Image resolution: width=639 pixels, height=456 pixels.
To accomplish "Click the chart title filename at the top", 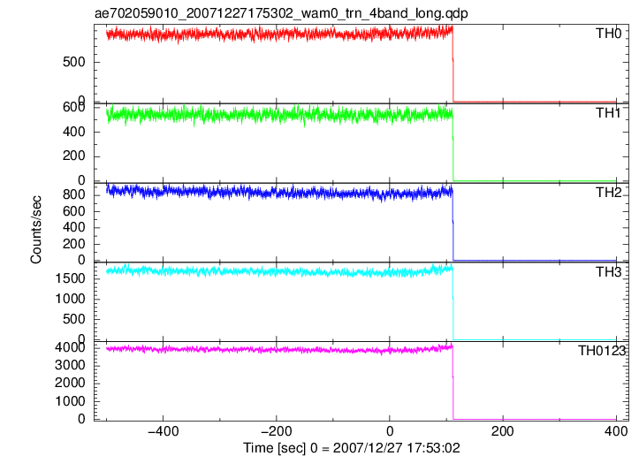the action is [x=281, y=14].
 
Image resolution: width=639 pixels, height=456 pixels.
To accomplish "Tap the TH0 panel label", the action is [x=609, y=34].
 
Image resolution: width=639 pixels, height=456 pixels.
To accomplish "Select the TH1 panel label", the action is [x=609, y=113].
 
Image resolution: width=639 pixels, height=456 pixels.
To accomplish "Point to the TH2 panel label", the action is [x=609, y=193].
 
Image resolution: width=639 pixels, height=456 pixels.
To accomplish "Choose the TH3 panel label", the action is [x=609, y=272].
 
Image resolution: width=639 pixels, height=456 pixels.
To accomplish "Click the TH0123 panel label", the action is [x=602, y=351].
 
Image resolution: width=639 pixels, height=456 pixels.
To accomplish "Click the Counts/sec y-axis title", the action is [x=36, y=230].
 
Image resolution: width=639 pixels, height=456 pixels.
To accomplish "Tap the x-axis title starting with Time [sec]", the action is [x=352, y=448].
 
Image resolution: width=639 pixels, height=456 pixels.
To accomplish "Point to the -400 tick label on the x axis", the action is [x=163, y=430].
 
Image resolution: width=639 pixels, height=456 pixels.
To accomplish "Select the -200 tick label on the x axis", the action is [x=277, y=430].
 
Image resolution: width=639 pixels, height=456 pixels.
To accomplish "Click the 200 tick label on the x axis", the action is [x=503, y=430].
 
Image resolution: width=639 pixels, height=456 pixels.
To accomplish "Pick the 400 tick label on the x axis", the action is [x=616, y=430].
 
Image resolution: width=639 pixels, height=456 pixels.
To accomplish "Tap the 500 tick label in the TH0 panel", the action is [x=74, y=63].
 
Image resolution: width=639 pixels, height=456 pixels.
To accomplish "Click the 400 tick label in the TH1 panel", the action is [x=74, y=132].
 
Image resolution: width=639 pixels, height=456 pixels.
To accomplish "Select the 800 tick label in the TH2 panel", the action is [x=74, y=194].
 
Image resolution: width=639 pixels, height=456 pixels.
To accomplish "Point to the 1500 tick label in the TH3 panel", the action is [x=70, y=278].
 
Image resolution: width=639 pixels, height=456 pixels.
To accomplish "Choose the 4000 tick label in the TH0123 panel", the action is [x=70, y=347].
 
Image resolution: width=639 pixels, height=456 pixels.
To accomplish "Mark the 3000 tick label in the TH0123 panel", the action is [x=70, y=365].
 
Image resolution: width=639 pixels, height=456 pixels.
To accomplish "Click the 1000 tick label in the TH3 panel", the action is [x=70, y=299].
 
